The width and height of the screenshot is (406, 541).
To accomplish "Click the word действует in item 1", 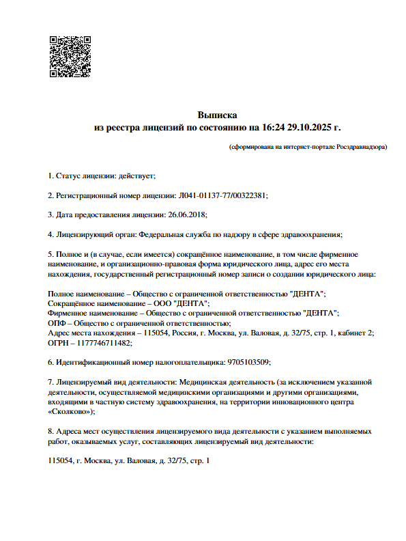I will (x=138, y=176).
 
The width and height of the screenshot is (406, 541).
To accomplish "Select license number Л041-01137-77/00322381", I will (x=223, y=195).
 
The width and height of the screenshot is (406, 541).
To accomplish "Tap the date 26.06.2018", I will (x=186, y=214).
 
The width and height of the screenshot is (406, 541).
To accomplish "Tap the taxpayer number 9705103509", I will (x=252, y=362).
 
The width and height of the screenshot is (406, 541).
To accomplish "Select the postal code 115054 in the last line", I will (x=61, y=461).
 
